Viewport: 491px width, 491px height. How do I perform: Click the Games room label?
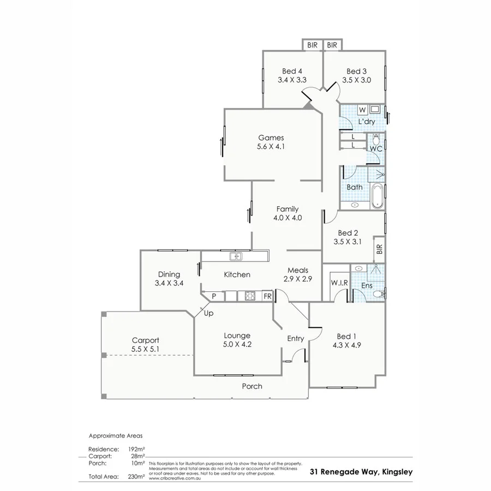click(271, 137)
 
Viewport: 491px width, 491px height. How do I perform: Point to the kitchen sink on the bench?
click(236, 255)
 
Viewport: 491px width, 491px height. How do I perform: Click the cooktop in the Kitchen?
click(250, 296)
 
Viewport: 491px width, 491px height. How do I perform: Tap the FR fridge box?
click(267, 296)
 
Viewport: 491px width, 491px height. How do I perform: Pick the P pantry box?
click(214, 296)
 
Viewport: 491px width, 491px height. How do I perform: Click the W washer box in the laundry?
click(362, 110)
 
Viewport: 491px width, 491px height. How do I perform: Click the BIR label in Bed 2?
click(380, 249)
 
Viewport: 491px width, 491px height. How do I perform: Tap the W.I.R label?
click(339, 283)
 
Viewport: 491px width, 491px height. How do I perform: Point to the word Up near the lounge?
click(208, 313)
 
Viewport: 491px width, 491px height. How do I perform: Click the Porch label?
click(252, 386)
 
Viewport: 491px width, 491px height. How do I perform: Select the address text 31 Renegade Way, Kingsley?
click(361, 472)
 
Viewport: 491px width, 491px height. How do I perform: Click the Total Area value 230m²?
click(136, 476)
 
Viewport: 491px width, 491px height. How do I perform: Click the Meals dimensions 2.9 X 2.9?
click(297, 279)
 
